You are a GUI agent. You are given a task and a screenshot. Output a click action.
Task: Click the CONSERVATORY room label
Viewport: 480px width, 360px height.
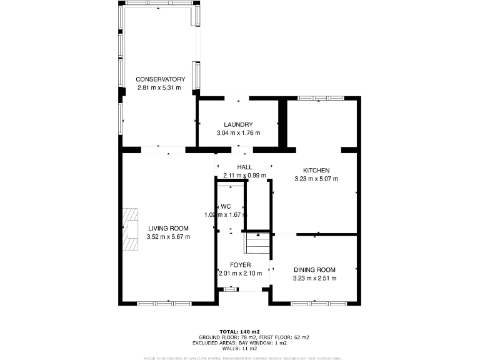pos(161,79)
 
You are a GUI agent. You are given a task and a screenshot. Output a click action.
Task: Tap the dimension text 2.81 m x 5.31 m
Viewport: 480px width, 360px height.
pos(159,87)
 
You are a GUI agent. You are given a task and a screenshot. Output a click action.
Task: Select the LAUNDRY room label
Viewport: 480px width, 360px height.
pos(238,124)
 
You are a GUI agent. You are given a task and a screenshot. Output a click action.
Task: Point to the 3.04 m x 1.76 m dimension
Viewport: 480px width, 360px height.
pos(238,133)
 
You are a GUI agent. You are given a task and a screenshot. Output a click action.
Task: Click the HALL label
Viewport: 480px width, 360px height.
pos(244,167)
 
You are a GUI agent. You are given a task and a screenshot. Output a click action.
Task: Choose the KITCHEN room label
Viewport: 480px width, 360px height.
pos(316,171)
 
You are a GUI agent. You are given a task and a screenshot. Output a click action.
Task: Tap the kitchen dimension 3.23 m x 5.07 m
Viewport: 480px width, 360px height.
pos(316,179)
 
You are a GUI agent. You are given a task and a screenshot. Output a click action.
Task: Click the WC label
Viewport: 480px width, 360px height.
pos(226,206)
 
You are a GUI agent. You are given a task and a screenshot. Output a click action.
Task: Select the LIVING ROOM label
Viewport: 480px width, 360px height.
pos(168,229)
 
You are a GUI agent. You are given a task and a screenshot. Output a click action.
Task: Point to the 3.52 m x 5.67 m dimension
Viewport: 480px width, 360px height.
pos(168,237)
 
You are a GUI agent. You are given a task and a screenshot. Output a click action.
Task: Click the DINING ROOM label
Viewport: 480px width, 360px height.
pos(315,270)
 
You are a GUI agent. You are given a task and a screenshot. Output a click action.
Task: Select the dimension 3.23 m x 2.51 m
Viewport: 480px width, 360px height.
pos(315,278)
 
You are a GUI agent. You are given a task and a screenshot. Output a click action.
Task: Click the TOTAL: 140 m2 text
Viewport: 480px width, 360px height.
pos(239,331)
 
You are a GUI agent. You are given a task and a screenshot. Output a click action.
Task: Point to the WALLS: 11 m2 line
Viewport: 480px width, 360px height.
pos(239,348)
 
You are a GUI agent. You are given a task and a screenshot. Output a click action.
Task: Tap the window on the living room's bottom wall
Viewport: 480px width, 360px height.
pos(165,304)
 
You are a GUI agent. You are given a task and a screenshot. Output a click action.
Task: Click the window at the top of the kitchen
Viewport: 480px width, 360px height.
pos(320,98)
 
